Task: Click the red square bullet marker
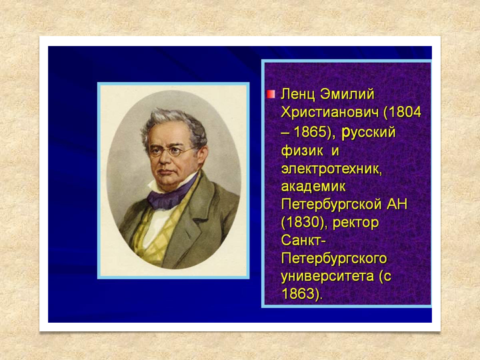click(271, 94)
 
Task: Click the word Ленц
click(297, 94)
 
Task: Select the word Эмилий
click(347, 94)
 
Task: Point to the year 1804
click(405, 113)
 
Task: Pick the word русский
click(369, 133)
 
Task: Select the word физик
click(302, 151)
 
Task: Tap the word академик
click(313, 187)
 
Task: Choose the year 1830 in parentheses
click(303, 223)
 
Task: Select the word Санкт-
click(303, 241)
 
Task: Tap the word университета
click(327, 277)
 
